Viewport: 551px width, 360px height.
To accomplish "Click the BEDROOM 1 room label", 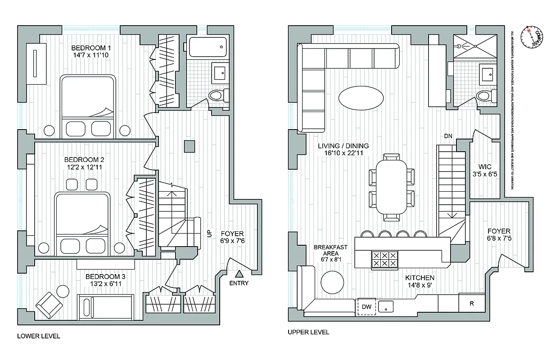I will pyautogui.click(x=91, y=48).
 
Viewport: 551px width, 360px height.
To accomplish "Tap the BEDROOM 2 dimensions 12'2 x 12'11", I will pyautogui.click(x=84, y=167).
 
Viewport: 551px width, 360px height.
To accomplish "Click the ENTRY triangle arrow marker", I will pyautogui.click(x=239, y=273).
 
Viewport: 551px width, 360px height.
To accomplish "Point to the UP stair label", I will pyautogui.click(x=208, y=234).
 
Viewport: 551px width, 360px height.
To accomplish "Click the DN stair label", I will pyautogui.click(x=448, y=135).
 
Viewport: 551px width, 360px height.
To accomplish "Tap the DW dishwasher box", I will pyautogui.click(x=366, y=306).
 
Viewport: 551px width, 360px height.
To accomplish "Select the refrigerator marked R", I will pyautogui.click(x=471, y=303).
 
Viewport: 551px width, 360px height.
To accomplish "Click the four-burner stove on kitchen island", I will pyautogui.click(x=384, y=260).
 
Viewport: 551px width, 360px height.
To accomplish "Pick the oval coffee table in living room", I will pyautogui.click(x=361, y=98).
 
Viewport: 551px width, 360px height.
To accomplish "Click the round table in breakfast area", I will pyautogui.click(x=332, y=282).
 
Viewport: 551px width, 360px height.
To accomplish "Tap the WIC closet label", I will pyautogui.click(x=484, y=166).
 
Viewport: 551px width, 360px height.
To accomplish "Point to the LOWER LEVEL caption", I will pyautogui.click(x=38, y=336).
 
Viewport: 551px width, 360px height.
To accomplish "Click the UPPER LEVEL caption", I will pyautogui.click(x=308, y=333).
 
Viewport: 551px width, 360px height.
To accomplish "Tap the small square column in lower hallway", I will pyautogui.click(x=190, y=146).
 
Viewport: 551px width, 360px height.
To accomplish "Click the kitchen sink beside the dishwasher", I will pyautogui.click(x=386, y=307).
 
